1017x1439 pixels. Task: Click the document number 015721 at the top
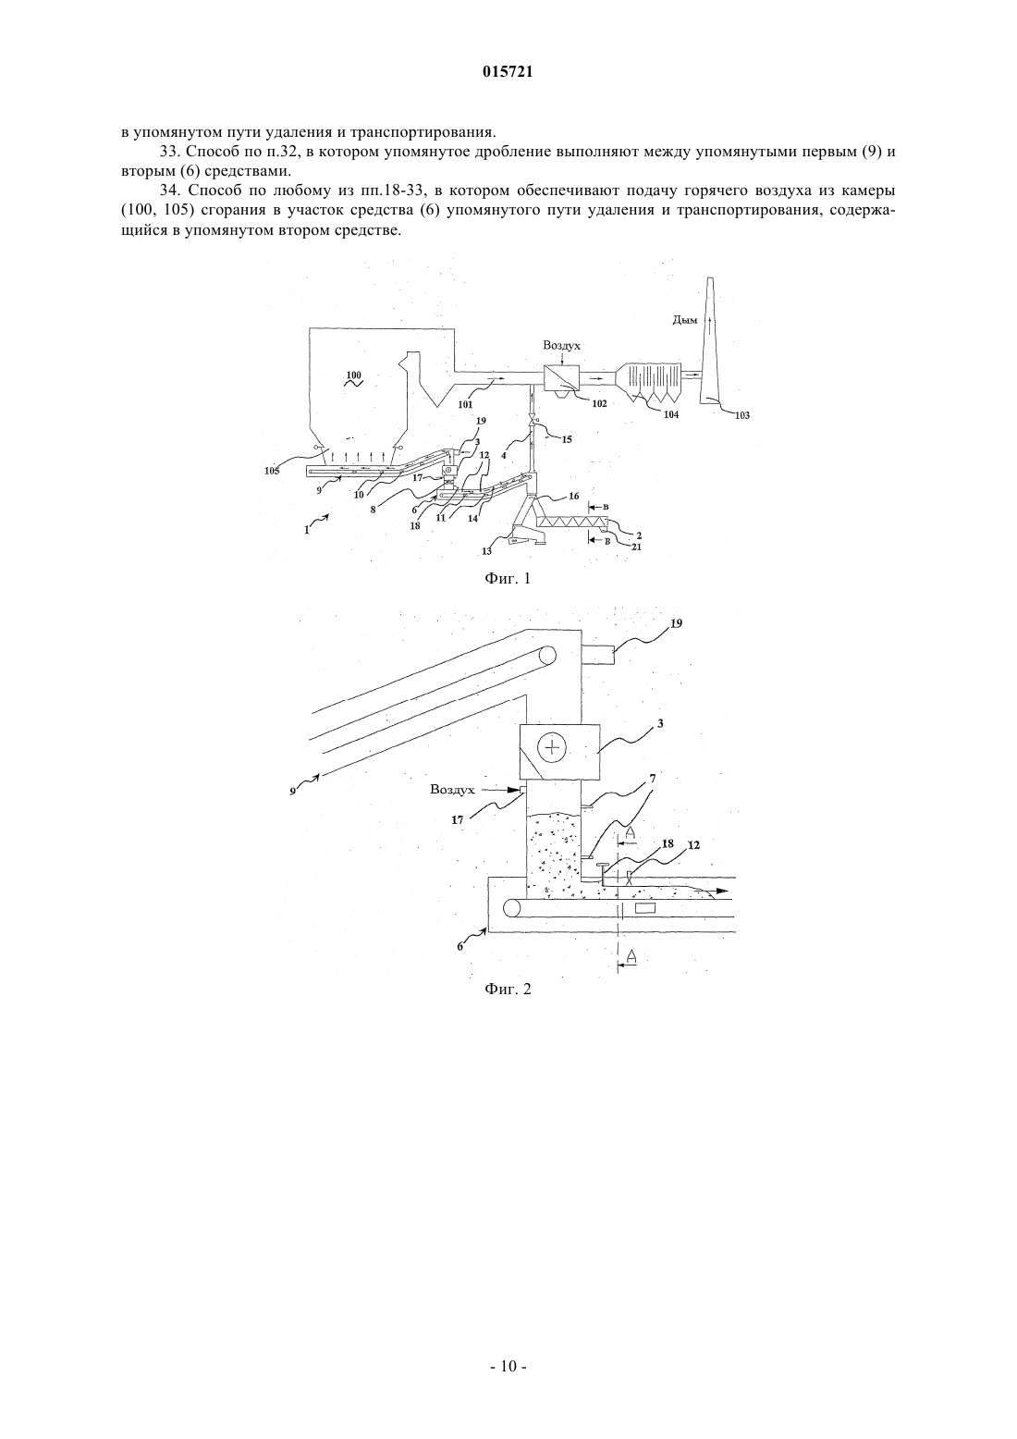pyautogui.click(x=508, y=72)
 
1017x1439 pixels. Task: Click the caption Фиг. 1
pyautogui.click(x=508, y=579)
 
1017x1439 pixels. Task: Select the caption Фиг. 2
pyautogui.click(x=508, y=989)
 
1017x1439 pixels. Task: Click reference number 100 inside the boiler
pyautogui.click(x=353, y=375)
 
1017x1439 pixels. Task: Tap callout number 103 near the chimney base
pyautogui.click(x=741, y=415)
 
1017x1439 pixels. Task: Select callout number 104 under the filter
pyautogui.click(x=670, y=415)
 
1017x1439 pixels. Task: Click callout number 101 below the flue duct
pyautogui.click(x=465, y=405)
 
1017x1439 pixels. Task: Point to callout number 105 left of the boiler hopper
pyautogui.click(x=272, y=471)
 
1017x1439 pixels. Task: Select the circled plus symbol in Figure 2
pyautogui.click(x=551, y=747)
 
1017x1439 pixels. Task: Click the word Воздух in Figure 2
pyautogui.click(x=453, y=790)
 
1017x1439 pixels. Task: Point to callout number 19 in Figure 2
pyautogui.click(x=676, y=623)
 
